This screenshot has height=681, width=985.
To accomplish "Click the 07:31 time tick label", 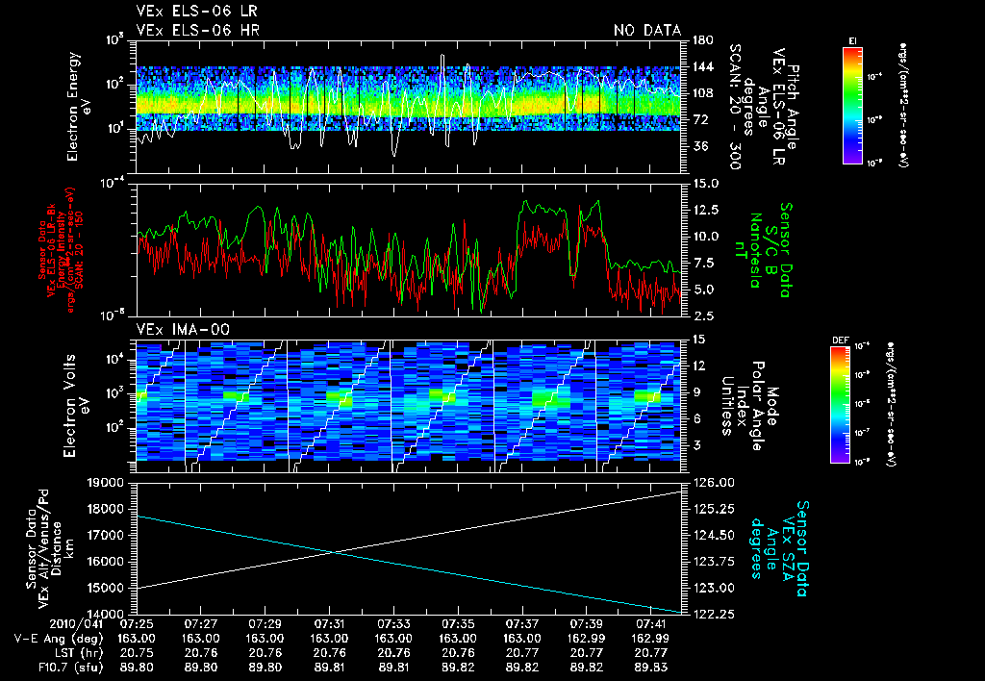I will tap(328, 623).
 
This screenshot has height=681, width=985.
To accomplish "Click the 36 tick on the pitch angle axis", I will tap(699, 146).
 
